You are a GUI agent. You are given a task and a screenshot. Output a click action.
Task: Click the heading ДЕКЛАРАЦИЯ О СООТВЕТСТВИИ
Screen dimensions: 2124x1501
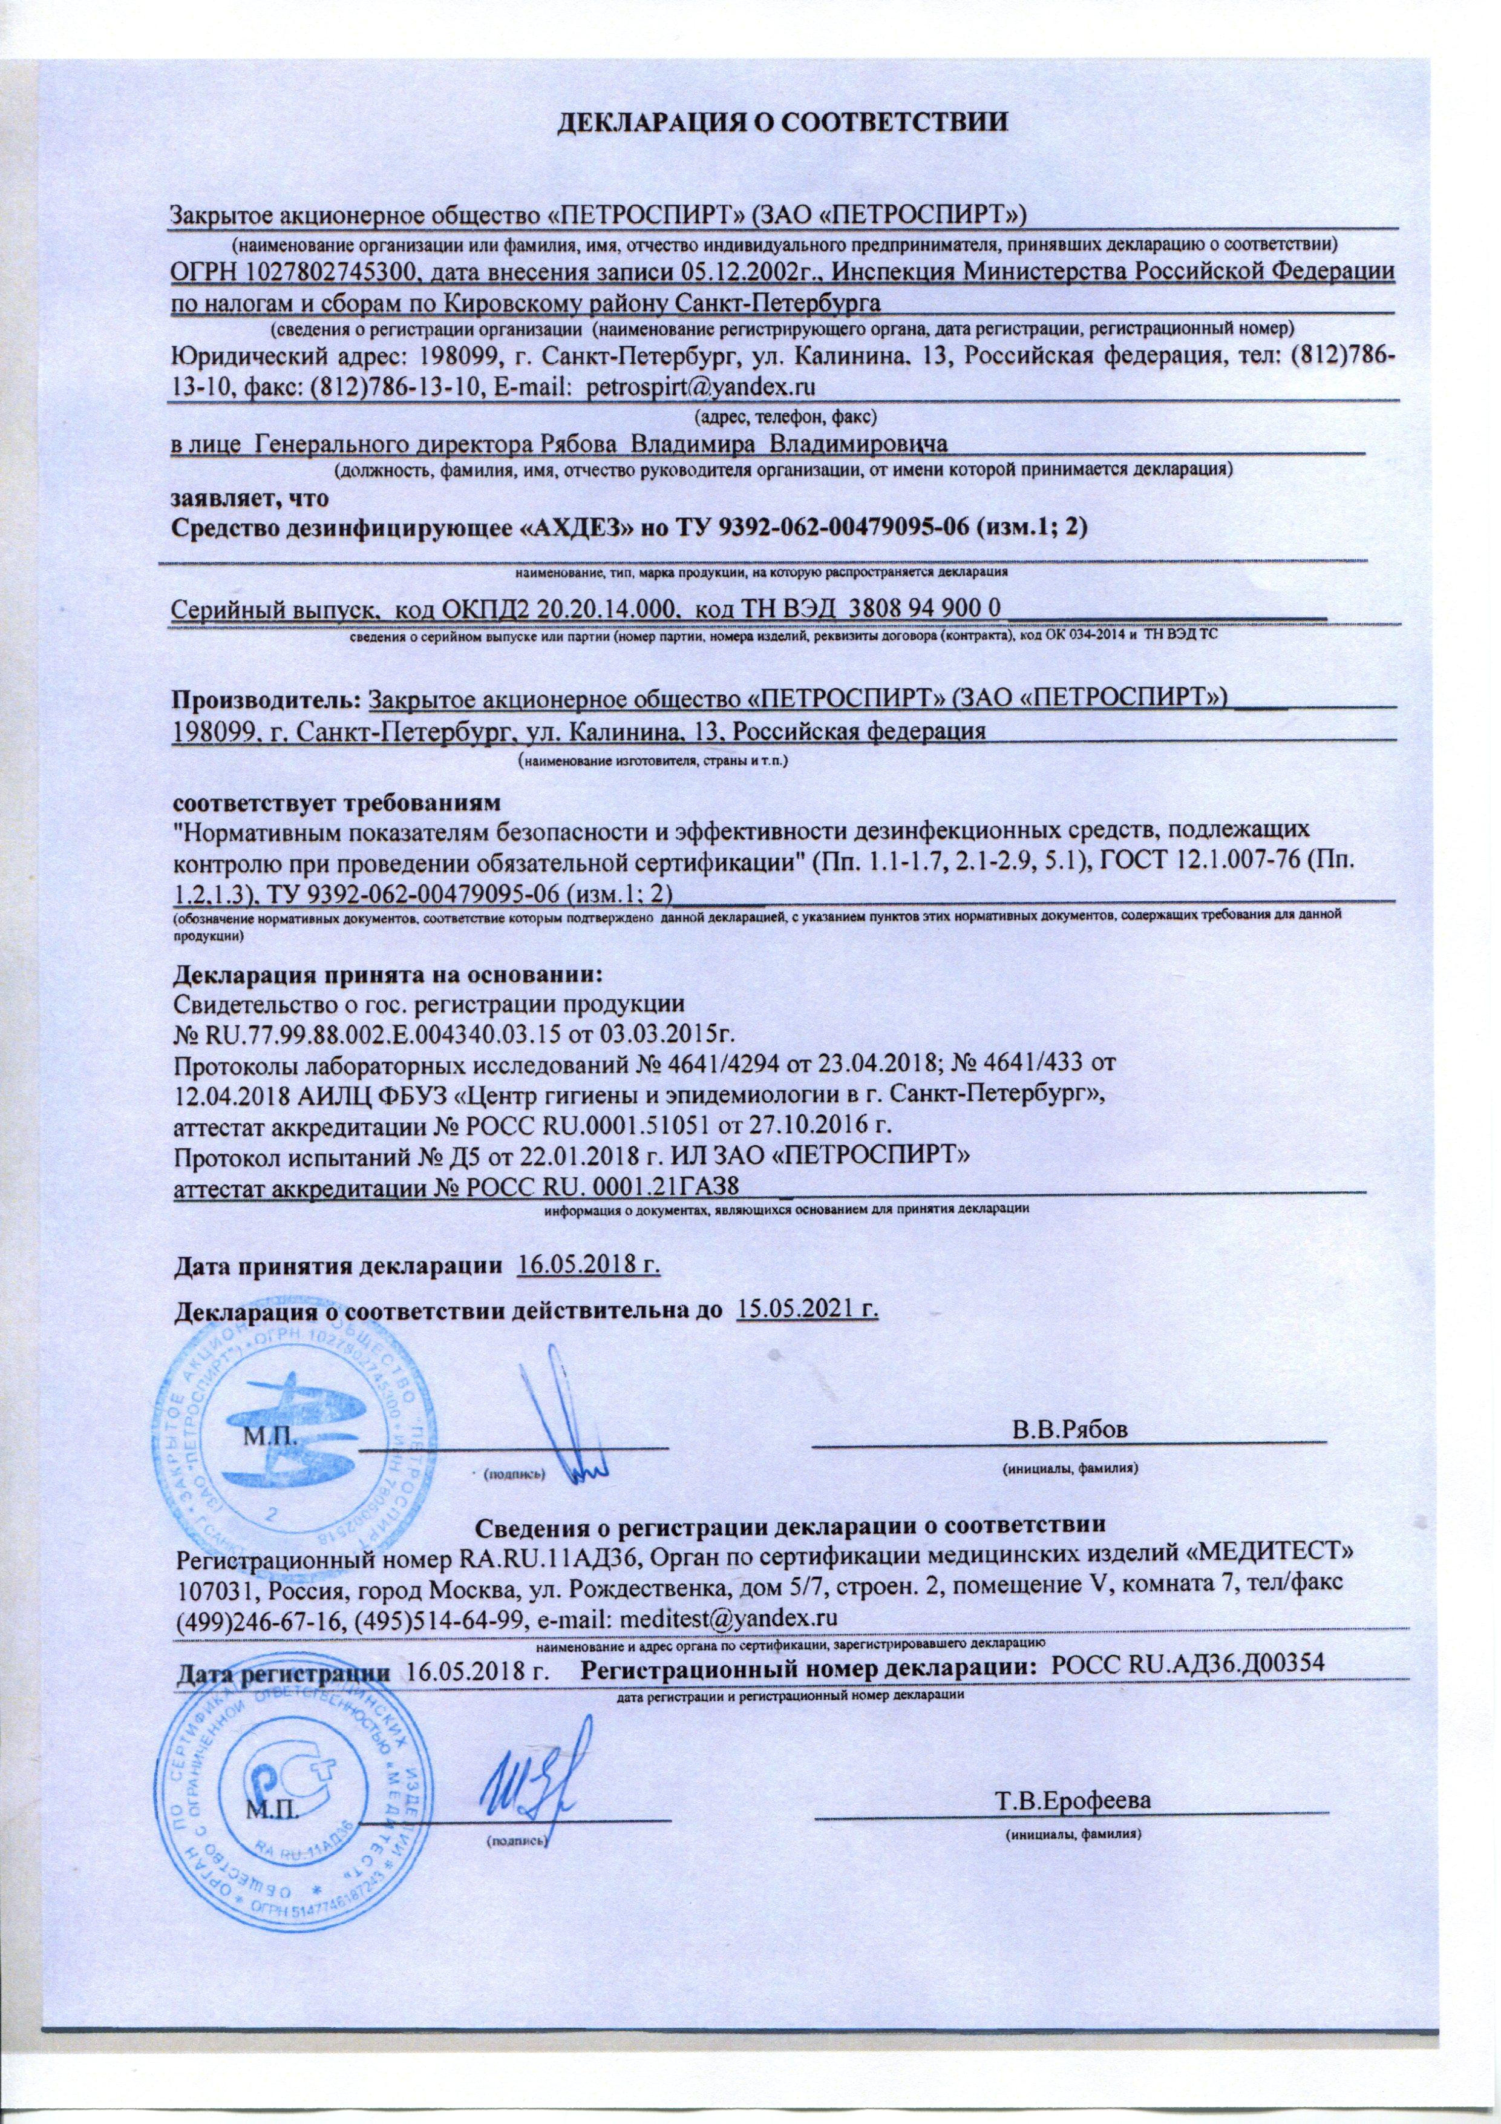[x=782, y=121]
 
